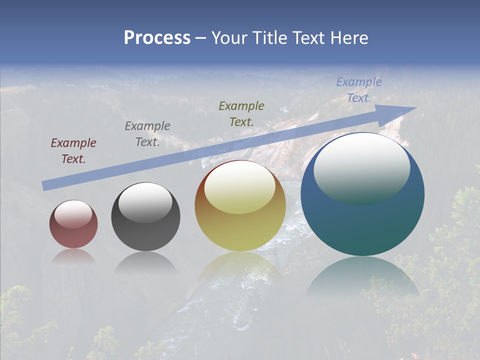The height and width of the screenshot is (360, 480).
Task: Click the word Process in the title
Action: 157,38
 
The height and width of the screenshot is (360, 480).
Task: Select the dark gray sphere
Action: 145,225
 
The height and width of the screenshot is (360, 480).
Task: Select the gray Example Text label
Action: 147,134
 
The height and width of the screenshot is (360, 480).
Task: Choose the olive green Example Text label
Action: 241,113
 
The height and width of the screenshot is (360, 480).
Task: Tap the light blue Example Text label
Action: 358,90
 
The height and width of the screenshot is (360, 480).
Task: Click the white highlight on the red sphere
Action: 73,213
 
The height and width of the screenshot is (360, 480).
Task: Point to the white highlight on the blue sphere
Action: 361,167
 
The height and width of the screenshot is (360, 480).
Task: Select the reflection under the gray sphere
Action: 145,262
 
